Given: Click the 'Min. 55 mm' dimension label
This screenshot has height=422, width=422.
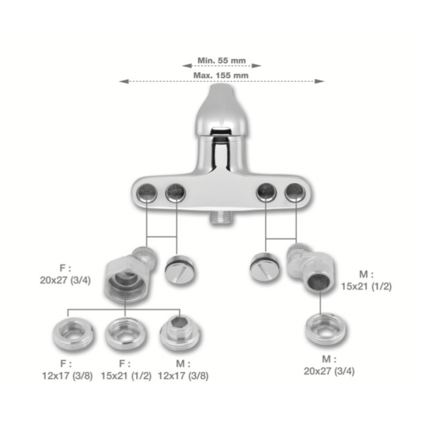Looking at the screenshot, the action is (x=222, y=60).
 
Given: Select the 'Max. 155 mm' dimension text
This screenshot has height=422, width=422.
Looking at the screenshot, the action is (x=221, y=76).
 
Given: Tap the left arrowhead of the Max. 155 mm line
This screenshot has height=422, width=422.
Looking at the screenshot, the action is (x=124, y=81).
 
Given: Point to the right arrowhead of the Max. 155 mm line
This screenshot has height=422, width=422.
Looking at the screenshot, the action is (x=319, y=81).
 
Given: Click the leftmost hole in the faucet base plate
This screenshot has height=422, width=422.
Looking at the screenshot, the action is (x=147, y=193).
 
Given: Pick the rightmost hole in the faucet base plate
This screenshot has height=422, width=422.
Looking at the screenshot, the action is (x=295, y=192).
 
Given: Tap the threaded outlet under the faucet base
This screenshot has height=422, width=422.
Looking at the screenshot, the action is (x=221, y=217).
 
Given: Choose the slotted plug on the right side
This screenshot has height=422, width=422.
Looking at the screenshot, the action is (x=265, y=268).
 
